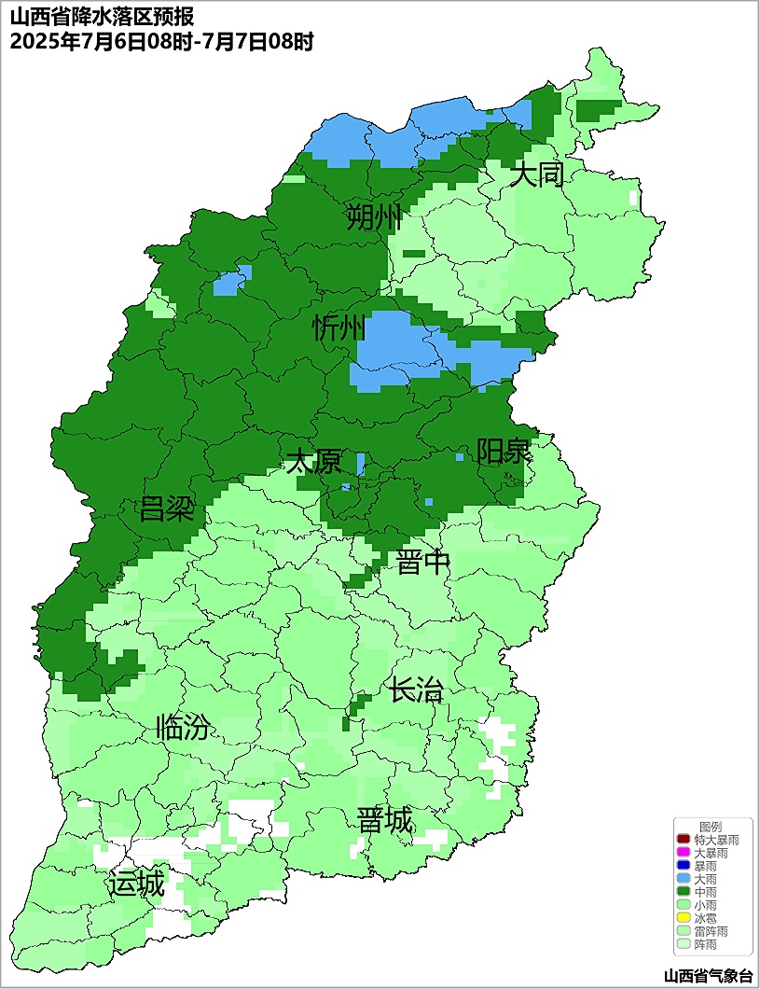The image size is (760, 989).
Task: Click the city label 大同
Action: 537,174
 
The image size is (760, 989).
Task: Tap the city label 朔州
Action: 373,218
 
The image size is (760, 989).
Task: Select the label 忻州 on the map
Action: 339,327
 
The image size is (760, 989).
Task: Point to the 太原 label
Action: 313,461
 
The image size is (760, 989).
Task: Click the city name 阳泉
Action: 504,452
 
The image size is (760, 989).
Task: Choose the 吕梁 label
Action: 167,509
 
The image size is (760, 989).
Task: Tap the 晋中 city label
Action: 423,562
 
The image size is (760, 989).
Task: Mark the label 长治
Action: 416,690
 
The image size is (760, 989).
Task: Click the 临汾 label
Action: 183,727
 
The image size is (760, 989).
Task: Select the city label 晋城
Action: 385,820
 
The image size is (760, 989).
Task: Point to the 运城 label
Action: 136,883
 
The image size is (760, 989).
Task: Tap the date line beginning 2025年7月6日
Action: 161,41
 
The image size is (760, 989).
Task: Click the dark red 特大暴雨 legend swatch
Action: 684,841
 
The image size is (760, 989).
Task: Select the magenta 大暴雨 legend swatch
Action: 684,854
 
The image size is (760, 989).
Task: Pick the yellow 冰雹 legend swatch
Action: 684,919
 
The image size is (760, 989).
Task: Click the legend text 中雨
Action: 706,893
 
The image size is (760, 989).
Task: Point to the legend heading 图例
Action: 711,827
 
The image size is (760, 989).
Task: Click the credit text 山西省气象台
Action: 708,976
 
